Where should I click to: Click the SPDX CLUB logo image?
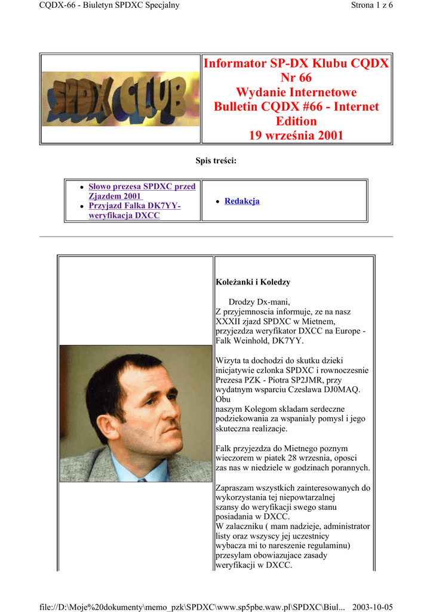click(121, 99)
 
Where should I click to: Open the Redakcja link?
click(242, 201)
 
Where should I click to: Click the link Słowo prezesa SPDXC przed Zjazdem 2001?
click(142, 191)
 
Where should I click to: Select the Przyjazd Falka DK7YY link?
click(134, 210)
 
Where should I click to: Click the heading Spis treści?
click(216, 160)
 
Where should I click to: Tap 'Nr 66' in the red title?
click(296, 78)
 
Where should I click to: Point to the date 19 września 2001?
click(296, 135)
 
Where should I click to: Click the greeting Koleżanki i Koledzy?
click(253, 281)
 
